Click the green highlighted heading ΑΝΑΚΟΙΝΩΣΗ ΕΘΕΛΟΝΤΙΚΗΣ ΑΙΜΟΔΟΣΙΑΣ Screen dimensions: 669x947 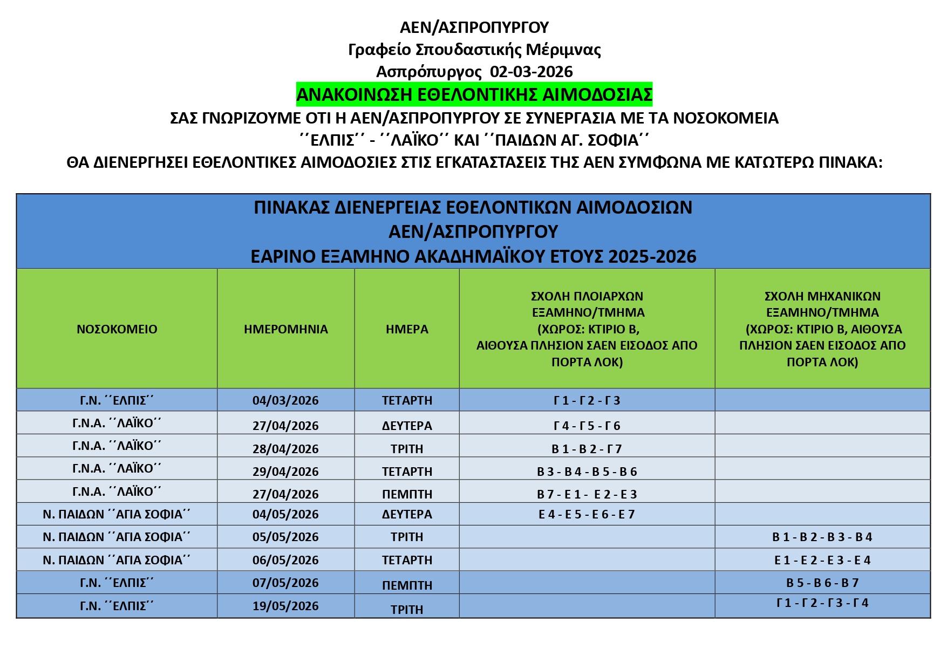point(474,94)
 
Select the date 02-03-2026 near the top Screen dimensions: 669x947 point(531,72)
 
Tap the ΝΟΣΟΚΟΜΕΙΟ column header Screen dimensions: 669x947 point(117,329)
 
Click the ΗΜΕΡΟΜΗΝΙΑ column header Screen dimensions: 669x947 point(285,329)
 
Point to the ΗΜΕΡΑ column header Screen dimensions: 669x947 point(407,329)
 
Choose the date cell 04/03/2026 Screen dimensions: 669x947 point(285,400)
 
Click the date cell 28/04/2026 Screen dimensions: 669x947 point(285,449)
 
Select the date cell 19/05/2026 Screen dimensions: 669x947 point(285,606)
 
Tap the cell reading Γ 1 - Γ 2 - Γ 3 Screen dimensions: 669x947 point(587,400)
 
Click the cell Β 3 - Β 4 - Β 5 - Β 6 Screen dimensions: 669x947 point(587,472)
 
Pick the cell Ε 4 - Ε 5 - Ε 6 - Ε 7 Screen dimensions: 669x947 point(587,514)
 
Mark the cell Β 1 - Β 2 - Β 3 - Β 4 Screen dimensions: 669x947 point(822,537)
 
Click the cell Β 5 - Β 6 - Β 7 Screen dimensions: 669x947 point(822,583)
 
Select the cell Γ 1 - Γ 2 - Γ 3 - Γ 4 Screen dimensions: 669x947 point(822,603)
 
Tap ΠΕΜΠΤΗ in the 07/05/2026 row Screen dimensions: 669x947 point(407,585)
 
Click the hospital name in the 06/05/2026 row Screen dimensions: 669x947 point(117,560)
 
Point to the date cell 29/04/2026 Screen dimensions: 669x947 point(285,472)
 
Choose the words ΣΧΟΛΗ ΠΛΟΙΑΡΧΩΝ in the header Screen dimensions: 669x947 point(587,296)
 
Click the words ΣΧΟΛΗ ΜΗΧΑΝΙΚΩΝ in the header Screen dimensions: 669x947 point(822,296)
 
